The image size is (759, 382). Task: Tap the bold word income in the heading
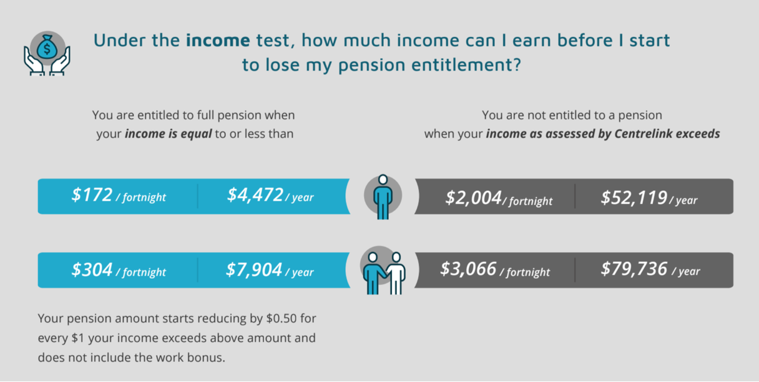218,40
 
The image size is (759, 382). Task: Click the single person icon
383,197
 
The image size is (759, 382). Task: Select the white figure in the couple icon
396,273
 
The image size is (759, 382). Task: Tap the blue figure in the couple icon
373,273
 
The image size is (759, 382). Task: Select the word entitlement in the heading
466,65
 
